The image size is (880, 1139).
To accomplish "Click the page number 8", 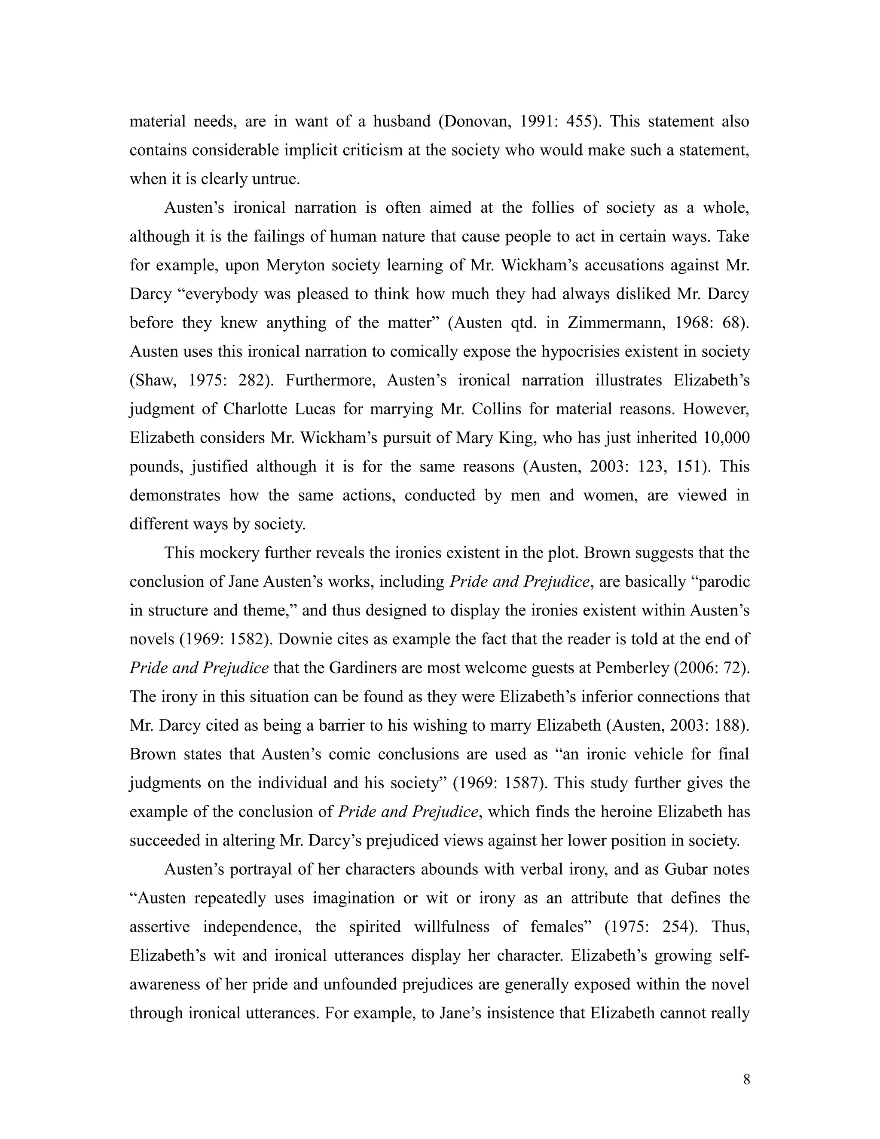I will coord(746,1080).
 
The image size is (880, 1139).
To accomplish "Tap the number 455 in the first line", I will coord(577,122).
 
